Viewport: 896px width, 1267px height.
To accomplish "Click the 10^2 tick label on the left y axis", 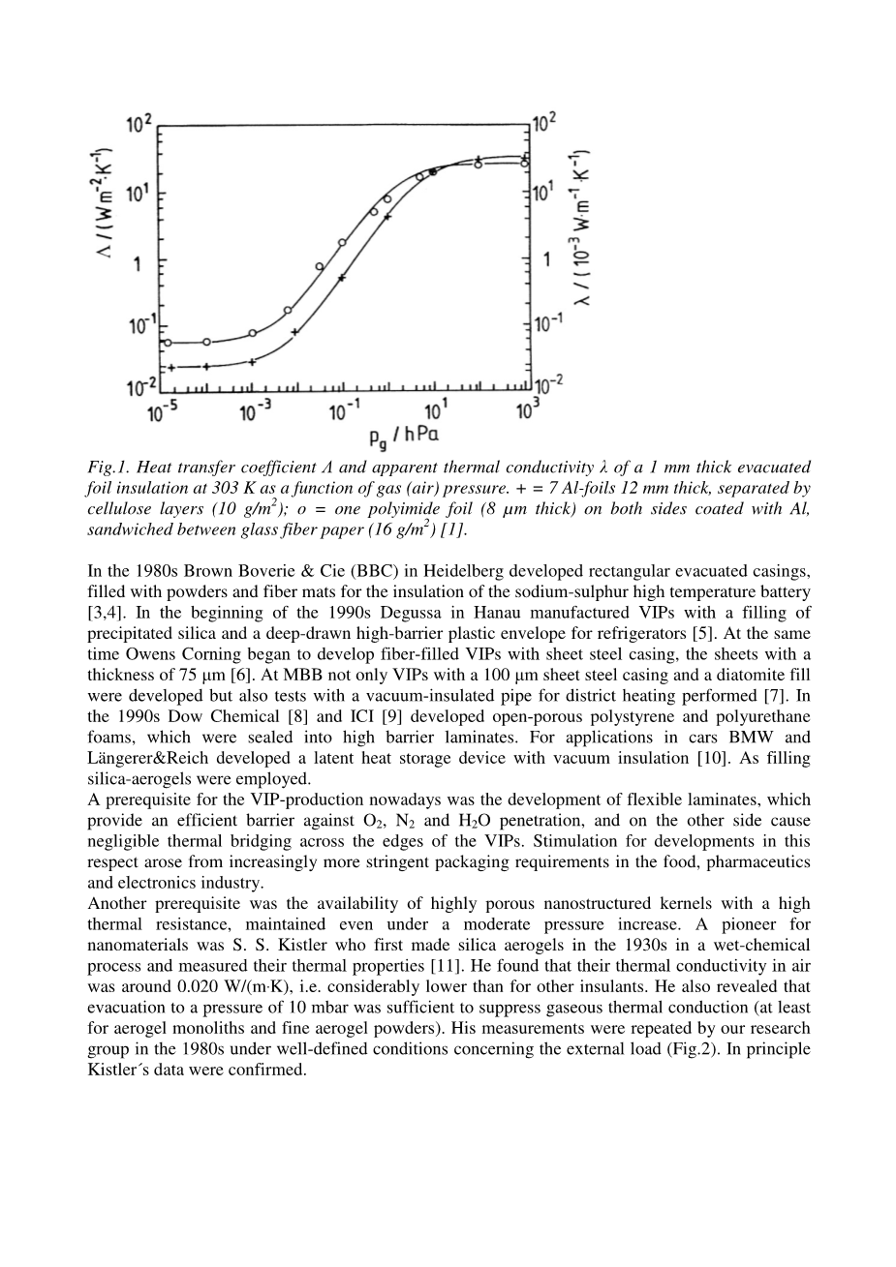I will [139, 124].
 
